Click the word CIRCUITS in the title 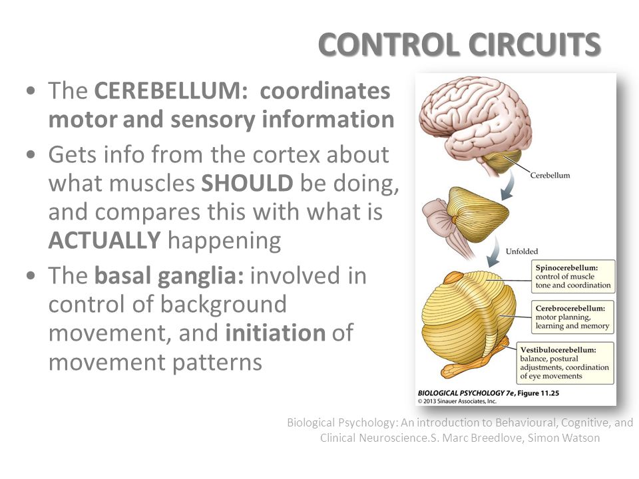[x=534, y=44]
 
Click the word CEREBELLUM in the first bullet [x=171, y=90]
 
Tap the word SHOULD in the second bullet [x=247, y=184]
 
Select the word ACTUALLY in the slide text [x=105, y=240]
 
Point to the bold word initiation [x=276, y=333]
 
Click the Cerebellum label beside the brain [x=550, y=176]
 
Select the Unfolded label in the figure [x=522, y=251]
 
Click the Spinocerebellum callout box [x=573, y=277]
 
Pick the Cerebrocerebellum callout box [x=572, y=317]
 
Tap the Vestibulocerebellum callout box [x=565, y=363]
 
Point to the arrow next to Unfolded [x=494, y=251]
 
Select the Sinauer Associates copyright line [x=457, y=401]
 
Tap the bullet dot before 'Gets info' [x=31, y=155]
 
